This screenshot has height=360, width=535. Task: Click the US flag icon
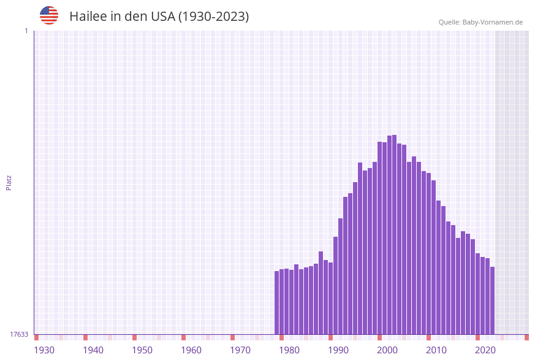pos(49,15)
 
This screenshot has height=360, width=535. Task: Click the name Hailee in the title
pos(88,17)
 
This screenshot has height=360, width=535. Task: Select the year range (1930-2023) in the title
pos(213,17)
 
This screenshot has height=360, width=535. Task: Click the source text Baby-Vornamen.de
pos(493,22)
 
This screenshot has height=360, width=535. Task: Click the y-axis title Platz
pos(9,182)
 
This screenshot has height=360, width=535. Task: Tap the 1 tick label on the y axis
pos(26,31)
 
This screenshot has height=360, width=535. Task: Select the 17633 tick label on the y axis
pos(19,334)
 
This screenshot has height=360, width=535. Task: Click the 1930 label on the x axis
pos(44,350)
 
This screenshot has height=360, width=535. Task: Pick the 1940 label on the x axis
pos(93,350)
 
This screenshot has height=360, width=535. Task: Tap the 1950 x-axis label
pos(142,350)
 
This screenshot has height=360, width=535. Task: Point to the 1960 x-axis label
pos(191,350)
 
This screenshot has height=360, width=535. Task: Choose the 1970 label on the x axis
pos(240,350)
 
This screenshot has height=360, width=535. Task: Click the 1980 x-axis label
pos(289,350)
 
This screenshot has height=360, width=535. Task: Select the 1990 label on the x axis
pos(338,350)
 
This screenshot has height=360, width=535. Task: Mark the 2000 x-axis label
pos(387,350)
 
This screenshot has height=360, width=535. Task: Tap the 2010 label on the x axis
pos(436,350)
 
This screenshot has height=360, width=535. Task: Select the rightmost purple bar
pos(492,301)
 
